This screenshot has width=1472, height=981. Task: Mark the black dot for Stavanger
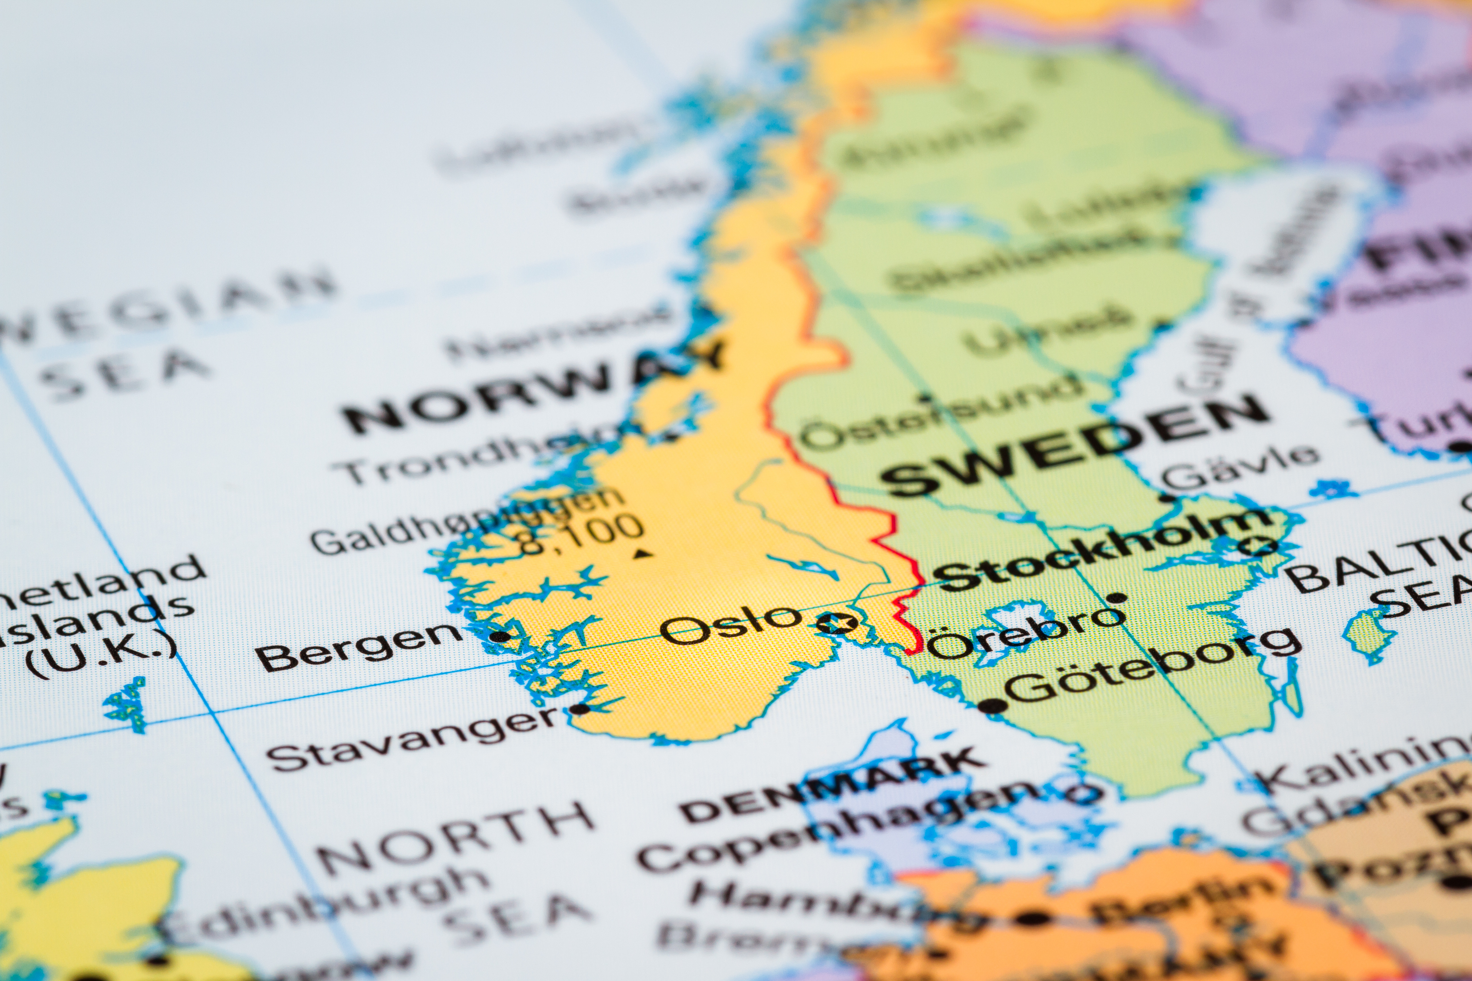tap(579, 709)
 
